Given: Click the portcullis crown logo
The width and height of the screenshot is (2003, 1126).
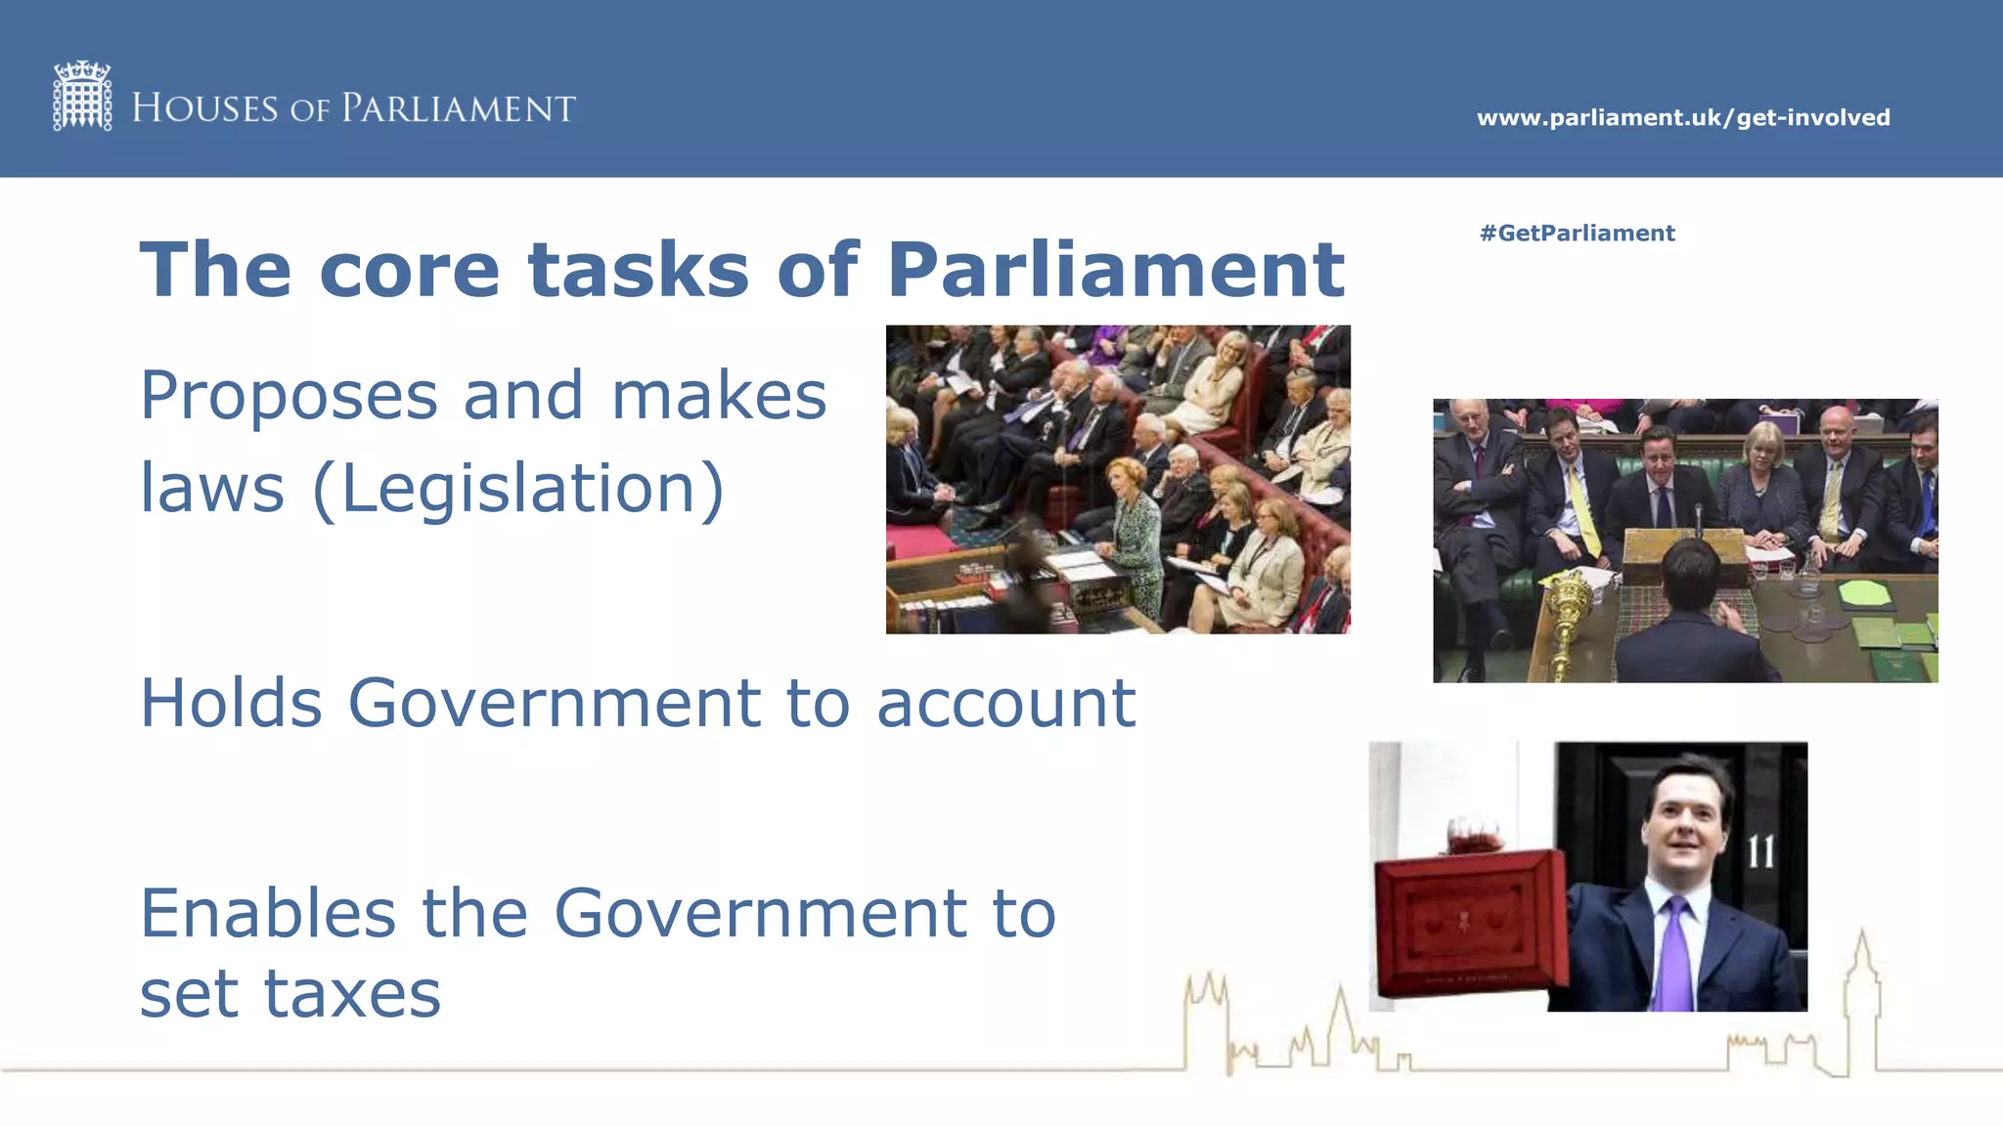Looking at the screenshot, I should click(82, 96).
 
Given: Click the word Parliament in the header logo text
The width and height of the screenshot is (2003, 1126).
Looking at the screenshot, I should click(458, 108).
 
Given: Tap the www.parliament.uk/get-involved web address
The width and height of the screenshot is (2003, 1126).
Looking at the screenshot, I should click(1682, 117).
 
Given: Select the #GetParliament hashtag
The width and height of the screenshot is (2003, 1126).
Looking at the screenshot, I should click(1577, 233).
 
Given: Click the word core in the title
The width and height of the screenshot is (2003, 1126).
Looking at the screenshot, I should click(409, 270).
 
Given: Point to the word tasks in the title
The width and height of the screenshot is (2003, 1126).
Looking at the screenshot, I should click(639, 270).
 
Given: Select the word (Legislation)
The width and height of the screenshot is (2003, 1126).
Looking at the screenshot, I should click(518, 489).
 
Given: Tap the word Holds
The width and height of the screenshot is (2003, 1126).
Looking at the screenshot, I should click(231, 703).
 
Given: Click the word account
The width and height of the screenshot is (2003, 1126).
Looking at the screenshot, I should click(1005, 704).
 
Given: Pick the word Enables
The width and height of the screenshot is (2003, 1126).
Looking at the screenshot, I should click(268, 913).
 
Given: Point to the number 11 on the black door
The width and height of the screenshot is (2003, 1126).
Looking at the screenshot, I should click(1760, 852).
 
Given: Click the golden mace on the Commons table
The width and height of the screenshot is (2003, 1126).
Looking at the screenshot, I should click(1569, 611).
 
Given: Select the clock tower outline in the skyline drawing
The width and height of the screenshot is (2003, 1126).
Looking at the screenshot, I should click(1861, 997).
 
